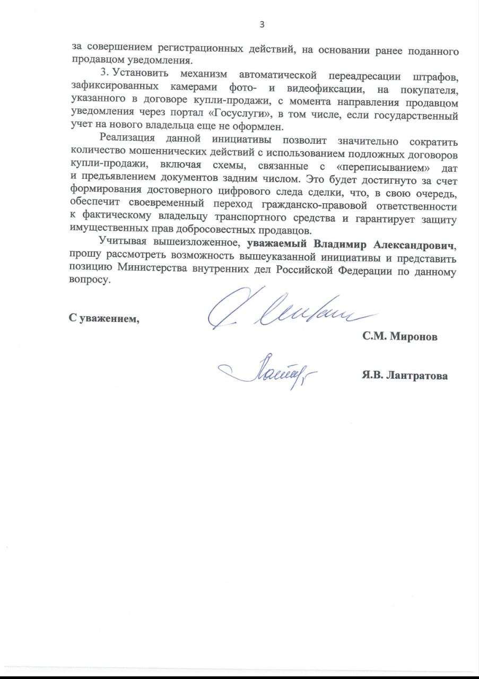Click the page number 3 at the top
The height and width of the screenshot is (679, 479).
pyautogui.click(x=261, y=24)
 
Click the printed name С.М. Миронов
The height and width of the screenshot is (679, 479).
pyautogui.click(x=400, y=337)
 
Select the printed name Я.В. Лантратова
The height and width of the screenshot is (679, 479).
pyautogui.click(x=404, y=376)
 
